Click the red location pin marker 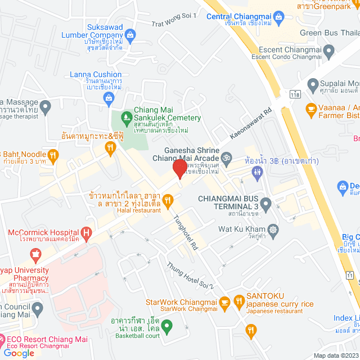(x=179, y=168)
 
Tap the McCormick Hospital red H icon (x=86, y=232)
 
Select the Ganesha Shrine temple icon (x=227, y=157)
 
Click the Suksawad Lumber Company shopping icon (x=130, y=35)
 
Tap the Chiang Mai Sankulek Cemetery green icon (x=126, y=118)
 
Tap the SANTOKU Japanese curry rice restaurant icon (x=224, y=303)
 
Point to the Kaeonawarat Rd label (x=251, y=124)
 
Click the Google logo (x=18, y=353)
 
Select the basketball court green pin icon (x=166, y=325)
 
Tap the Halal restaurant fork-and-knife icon (x=166, y=200)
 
